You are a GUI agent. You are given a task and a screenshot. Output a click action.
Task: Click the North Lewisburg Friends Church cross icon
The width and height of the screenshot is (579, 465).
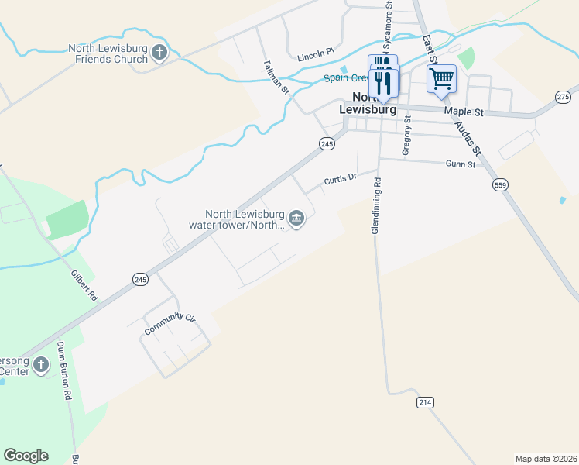159,53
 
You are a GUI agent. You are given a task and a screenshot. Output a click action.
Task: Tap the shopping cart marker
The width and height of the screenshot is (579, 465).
441,78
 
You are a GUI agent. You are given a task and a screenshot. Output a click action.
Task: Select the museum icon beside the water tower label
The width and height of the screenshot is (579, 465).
296,220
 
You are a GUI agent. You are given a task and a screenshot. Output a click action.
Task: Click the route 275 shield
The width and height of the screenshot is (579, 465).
563,96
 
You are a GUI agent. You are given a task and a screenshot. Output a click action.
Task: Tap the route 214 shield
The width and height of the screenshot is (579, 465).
425,402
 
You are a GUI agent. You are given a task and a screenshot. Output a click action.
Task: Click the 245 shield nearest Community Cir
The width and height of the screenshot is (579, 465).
139,280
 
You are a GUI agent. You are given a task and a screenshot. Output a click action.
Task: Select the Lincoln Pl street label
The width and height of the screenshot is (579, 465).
315,54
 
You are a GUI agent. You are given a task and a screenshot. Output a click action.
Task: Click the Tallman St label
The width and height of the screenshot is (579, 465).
276,77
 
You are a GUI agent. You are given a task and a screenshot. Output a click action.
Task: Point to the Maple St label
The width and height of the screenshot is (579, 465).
464,112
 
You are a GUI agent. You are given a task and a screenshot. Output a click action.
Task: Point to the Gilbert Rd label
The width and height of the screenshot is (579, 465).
84,286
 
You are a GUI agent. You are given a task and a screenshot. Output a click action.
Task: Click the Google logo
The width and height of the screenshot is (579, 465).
26,456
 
